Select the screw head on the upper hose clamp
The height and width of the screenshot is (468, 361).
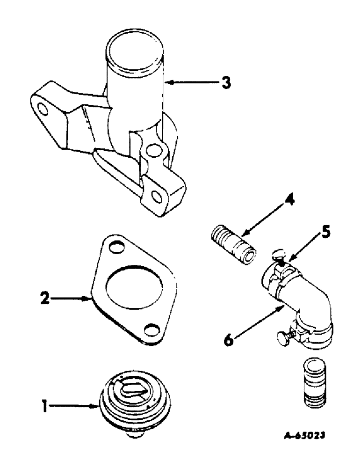point(277,254)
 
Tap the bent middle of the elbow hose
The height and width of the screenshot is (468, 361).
point(310,300)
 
